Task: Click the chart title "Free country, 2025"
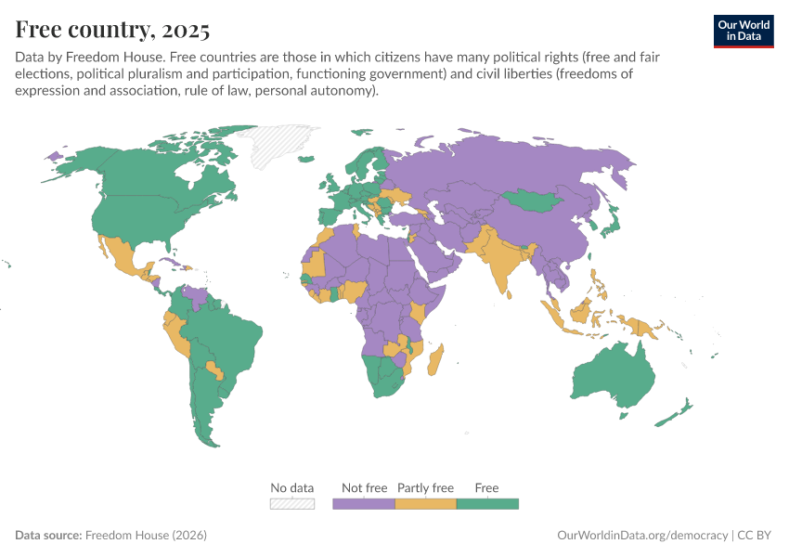(x=112, y=29)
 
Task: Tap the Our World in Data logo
(x=743, y=31)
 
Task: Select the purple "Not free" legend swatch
(x=364, y=504)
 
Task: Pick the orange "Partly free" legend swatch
(x=425, y=504)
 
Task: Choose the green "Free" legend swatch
(x=487, y=504)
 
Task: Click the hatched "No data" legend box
(x=292, y=504)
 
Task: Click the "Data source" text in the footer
(x=47, y=536)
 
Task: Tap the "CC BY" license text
(x=757, y=536)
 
